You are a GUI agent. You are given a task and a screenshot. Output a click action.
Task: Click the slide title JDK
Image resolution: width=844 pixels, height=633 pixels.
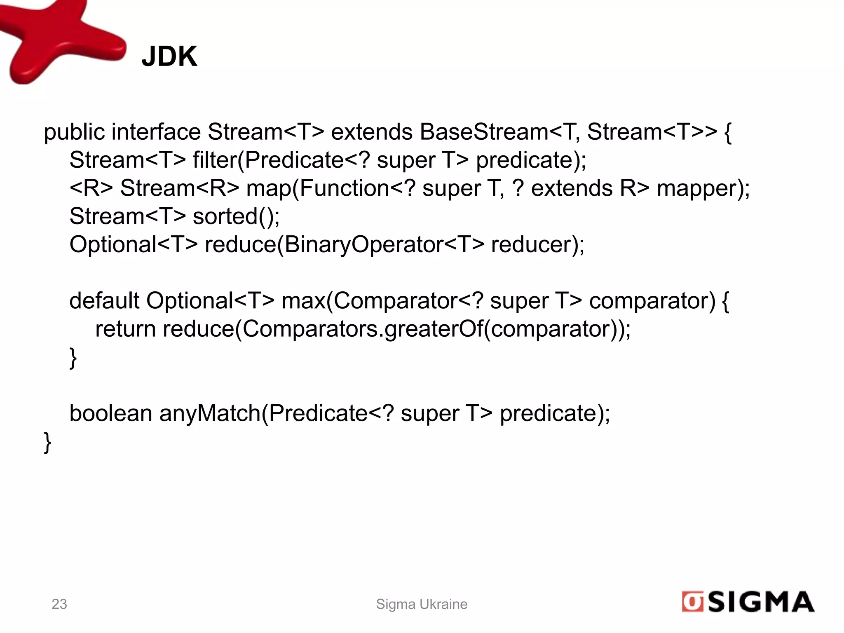click(x=169, y=56)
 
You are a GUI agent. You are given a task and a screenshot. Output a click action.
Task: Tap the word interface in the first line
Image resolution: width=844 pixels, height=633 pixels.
click(x=156, y=132)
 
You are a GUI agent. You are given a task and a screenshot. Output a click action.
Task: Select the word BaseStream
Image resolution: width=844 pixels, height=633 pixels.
click(x=484, y=132)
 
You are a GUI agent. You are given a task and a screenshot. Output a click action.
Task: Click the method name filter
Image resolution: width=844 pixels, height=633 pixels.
click(x=215, y=160)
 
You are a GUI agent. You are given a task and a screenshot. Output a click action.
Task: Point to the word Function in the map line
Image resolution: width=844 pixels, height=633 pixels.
click(x=344, y=188)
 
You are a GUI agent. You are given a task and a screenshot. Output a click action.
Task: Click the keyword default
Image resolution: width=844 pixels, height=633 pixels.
click(x=104, y=301)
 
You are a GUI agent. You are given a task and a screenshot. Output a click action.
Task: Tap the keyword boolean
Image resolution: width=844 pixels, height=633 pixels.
click(x=111, y=413)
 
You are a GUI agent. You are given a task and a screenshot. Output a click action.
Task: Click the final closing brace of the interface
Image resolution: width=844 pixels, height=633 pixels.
click(x=47, y=443)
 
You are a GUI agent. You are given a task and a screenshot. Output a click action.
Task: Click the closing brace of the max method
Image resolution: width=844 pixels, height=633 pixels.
click(x=73, y=358)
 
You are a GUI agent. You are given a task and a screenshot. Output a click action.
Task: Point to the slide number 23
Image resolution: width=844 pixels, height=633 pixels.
click(x=59, y=604)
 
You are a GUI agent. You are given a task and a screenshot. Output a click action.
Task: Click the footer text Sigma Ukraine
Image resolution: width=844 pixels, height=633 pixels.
click(x=422, y=604)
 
